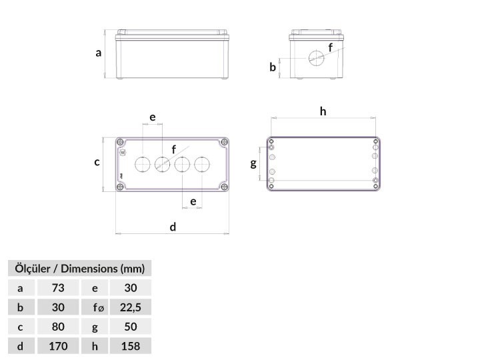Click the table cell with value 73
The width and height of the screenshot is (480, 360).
[x=58, y=288]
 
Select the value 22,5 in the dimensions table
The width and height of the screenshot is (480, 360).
[x=131, y=307]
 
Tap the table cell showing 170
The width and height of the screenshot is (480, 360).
[x=58, y=346]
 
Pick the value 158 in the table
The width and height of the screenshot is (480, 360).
[x=131, y=346]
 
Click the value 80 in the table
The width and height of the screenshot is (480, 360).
[x=58, y=327]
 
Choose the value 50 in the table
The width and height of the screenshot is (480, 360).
[x=131, y=327]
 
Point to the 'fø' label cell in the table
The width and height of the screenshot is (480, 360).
[x=95, y=307]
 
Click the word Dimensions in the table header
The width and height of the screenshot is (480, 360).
[x=89, y=269]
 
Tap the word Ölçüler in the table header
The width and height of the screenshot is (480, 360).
[x=33, y=269]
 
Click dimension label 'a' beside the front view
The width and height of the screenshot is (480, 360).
[x=98, y=53]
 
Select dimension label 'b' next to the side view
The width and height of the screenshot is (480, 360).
[x=273, y=67]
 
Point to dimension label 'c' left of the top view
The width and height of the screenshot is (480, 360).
[x=97, y=162]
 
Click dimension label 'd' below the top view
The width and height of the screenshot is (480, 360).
[x=173, y=227]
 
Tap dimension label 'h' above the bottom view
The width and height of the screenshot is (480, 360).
[x=323, y=111]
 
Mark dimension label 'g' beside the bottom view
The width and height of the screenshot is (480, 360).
[x=253, y=163]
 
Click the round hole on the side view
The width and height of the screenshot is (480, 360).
[x=316, y=58]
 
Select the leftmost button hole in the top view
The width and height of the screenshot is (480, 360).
[x=143, y=165]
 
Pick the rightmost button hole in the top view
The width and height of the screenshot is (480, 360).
[x=202, y=165]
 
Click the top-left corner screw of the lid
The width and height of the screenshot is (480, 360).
[x=120, y=142]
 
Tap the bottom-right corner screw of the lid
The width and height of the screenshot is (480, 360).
[x=225, y=187]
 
